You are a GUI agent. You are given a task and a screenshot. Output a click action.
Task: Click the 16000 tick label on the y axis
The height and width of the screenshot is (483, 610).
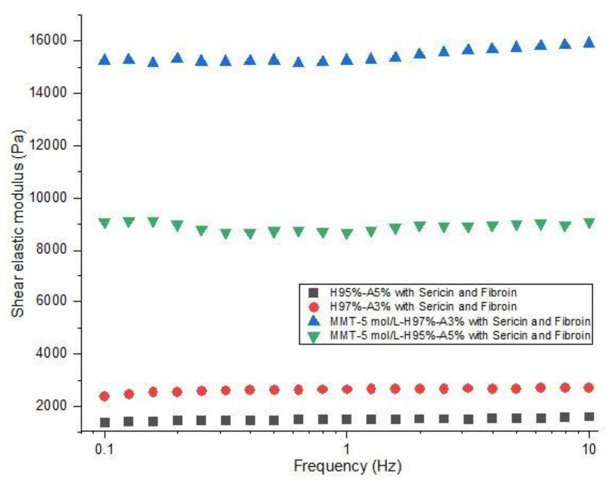point(48,40)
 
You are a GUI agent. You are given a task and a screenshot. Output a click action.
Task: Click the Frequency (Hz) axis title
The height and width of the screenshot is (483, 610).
point(347,466)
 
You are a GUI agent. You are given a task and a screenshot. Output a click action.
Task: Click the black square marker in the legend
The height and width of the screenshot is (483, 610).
point(313,293)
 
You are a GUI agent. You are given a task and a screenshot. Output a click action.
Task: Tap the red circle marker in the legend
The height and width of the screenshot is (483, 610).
point(313,307)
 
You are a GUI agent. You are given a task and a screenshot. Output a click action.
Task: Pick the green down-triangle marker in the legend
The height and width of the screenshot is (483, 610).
point(313,337)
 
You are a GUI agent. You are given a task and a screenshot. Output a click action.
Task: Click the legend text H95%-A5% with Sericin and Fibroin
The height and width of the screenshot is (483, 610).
point(423,293)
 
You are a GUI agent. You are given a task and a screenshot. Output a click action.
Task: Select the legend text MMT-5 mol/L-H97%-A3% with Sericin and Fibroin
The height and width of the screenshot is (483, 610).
point(460,321)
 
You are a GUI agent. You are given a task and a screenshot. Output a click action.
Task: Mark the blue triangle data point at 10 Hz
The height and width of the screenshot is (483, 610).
point(589,42)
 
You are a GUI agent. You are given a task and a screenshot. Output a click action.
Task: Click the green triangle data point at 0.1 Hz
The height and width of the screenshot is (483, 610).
point(105,223)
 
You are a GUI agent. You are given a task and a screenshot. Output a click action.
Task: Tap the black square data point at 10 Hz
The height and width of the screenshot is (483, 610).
point(589,416)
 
